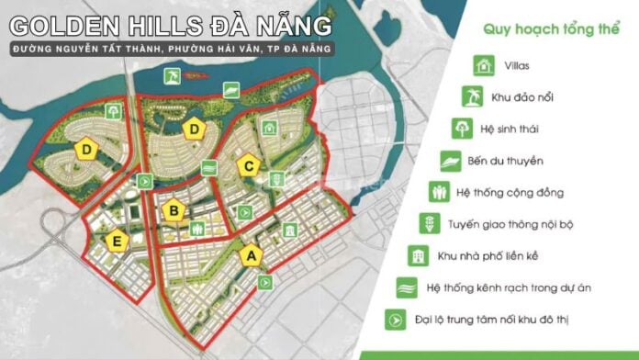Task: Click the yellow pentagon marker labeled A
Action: pos(249,255)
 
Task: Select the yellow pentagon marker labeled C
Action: pos(245,166)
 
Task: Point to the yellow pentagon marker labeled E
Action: pos(116,242)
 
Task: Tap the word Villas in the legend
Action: pos(518,66)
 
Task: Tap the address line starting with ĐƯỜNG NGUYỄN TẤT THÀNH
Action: pos(174,47)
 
